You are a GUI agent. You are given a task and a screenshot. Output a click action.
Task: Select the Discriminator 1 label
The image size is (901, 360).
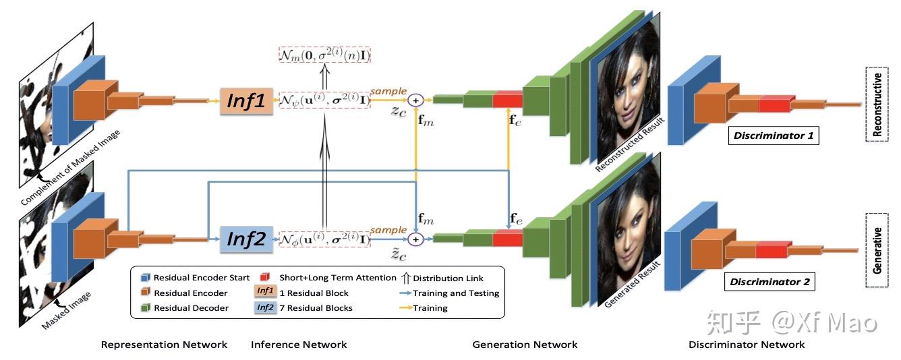pyautogui.click(x=774, y=136)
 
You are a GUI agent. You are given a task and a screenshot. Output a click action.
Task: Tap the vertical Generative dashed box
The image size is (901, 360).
pyautogui.click(x=877, y=249)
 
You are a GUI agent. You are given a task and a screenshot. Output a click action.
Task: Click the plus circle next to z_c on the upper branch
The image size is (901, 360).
pyautogui.click(x=416, y=100)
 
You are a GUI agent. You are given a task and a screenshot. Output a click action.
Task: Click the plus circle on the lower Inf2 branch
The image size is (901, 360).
pyautogui.click(x=416, y=239)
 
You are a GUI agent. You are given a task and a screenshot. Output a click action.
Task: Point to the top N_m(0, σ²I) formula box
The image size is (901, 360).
pyautogui.click(x=327, y=55)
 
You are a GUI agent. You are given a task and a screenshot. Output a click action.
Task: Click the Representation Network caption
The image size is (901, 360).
pyautogui.click(x=164, y=344)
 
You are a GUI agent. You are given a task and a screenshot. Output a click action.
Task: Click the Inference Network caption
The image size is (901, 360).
pyautogui.click(x=299, y=344)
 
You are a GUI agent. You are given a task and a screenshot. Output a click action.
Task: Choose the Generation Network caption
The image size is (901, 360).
pyautogui.click(x=525, y=344)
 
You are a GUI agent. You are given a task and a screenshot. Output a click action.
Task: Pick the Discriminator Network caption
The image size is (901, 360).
pyautogui.click(x=747, y=344)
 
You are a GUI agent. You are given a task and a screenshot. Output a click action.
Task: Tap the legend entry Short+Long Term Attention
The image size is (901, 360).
pyautogui.click(x=338, y=278)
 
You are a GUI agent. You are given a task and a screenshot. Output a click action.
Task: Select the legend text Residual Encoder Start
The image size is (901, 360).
pyautogui.click(x=202, y=278)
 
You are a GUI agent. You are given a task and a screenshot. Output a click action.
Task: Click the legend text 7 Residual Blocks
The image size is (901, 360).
pyautogui.click(x=316, y=308)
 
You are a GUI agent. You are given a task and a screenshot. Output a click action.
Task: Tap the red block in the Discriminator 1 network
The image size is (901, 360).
pyautogui.click(x=774, y=104)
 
